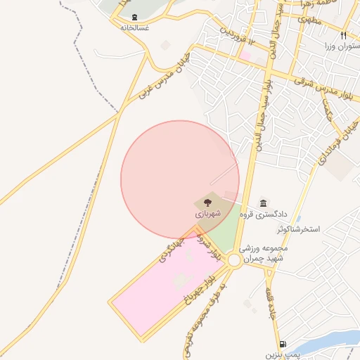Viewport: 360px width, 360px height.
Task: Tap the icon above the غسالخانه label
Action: point(134,17)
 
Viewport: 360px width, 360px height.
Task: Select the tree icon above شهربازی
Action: point(207,202)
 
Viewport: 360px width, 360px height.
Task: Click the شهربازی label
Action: point(207,212)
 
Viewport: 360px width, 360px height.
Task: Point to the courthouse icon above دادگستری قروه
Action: point(263,202)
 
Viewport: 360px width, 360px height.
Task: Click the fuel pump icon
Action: point(283,344)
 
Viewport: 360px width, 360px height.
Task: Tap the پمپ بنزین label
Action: point(283,354)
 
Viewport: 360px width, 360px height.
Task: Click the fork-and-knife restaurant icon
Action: point(343,35)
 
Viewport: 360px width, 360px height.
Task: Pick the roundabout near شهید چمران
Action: point(234,260)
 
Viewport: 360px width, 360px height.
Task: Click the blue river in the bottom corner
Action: point(330,343)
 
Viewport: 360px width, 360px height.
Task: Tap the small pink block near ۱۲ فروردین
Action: point(245,53)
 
